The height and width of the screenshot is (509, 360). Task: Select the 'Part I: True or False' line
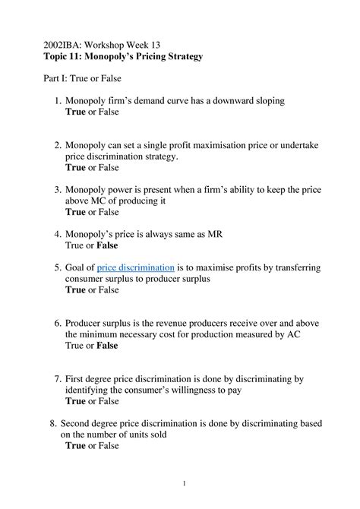coord(81,78)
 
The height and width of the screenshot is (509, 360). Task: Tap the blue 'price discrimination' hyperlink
coord(136,267)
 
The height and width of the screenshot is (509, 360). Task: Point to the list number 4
coord(57,234)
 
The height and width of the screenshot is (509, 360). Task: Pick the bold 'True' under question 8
coord(75,446)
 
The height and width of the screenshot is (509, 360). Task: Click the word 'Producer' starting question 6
coord(87,322)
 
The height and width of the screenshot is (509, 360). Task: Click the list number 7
coord(57,378)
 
